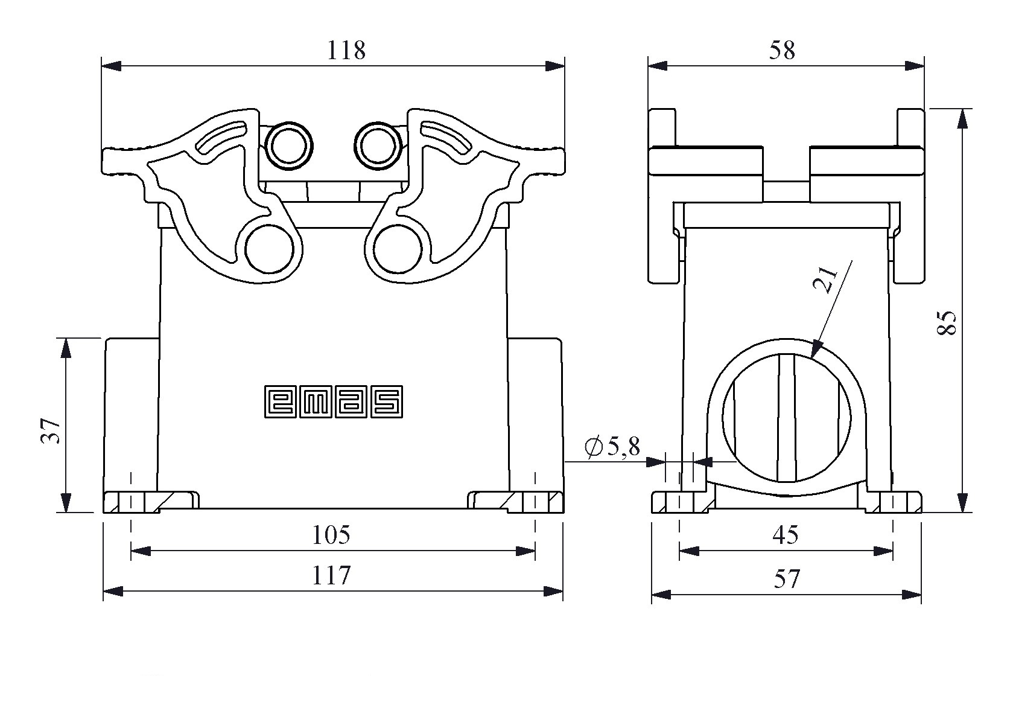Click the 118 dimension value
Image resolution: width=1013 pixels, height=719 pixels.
point(346,51)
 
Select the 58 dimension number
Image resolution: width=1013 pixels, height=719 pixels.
point(782,51)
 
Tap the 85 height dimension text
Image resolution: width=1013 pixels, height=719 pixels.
point(947,323)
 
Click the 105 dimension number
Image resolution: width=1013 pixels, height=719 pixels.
point(331,535)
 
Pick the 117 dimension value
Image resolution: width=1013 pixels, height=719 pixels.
point(331,576)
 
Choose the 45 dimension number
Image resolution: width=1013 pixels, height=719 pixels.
point(786,535)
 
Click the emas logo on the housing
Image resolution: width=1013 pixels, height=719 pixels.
point(334,401)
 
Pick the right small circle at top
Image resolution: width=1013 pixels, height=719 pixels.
point(379,145)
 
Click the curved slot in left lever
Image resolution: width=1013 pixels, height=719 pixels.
point(221,138)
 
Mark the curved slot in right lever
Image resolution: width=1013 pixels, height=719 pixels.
point(446,138)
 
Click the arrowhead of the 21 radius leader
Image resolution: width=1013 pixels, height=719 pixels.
point(816,350)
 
